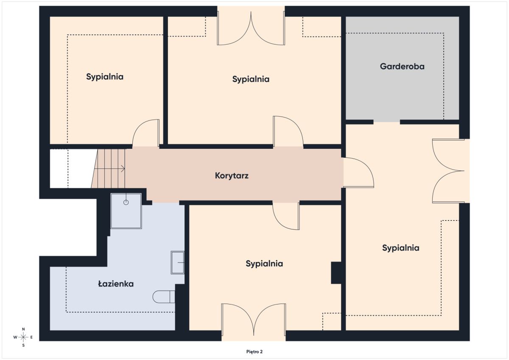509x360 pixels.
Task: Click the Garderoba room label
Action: (402, 66)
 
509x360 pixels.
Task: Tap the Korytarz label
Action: (232, 176)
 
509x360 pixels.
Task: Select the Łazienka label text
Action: (116, 284)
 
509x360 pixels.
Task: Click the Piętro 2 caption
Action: (254, 352)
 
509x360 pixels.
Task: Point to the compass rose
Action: (23, 338)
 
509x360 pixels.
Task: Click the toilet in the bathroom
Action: (164, 297)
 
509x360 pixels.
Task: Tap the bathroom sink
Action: (177, 262)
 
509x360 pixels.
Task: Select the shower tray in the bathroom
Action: (126, 211)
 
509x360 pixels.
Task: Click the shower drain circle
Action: (126, 202)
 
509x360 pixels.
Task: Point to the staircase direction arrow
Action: (109, 169)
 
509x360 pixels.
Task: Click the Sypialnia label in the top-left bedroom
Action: (105, 77)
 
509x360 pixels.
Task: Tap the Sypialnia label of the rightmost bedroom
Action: (400, 248)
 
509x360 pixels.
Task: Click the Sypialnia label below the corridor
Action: (264, 264)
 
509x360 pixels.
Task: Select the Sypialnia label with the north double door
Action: (251, 79)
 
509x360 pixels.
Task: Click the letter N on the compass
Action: (23, 329)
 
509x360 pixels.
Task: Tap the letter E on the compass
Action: (31, 337)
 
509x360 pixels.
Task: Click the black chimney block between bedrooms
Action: (336, 273)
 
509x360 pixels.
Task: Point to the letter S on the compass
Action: (23, 346)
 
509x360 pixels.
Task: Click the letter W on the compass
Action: (15, 337)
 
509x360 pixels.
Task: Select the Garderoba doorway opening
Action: (387, 122)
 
